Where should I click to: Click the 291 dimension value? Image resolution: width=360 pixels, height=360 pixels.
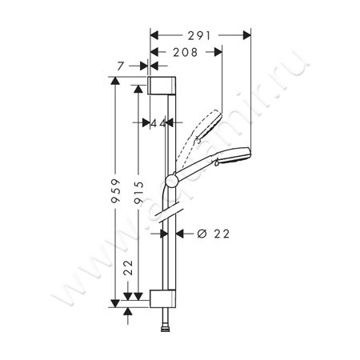point(200,35)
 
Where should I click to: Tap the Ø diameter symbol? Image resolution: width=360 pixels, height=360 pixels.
point(201,234)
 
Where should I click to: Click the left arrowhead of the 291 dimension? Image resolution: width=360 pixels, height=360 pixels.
point(154,35)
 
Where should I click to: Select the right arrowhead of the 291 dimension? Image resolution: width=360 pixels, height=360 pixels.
point(247,35)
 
